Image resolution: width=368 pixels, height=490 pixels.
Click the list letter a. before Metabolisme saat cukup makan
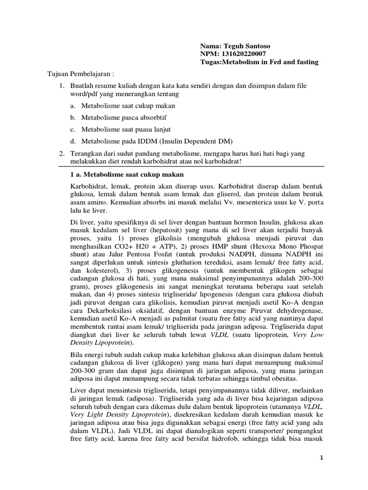72,105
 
